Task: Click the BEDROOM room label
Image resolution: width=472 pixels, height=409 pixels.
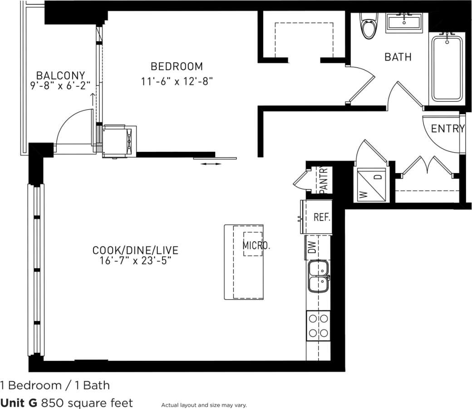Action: [x=177, y=67]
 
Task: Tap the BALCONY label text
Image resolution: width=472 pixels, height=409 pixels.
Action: [x=61, y=75]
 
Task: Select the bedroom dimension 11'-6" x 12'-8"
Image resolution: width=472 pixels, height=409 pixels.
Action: [x=177, y=81]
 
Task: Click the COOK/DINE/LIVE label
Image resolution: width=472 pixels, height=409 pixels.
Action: [x=135, y=250]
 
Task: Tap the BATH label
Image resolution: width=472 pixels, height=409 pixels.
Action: [x=398, y=57]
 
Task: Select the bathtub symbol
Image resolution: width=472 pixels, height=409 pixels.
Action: [x=447, y=68]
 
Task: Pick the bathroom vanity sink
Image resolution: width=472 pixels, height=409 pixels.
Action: [x=404, y=23]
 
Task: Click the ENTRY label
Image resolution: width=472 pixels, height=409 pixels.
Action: [x=447, y=129]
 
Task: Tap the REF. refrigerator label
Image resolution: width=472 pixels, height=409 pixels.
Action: [x=322, y=217]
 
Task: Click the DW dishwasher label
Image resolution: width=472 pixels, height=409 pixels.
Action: [x=311, y=247]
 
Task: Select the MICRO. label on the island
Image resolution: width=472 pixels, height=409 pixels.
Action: [x=256, y=246]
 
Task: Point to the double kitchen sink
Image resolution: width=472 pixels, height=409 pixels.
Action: [x=319, y=276]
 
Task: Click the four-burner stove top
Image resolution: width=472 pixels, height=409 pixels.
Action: [x=319, y=326]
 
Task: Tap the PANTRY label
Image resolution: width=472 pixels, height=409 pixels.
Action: [x=324, y=180]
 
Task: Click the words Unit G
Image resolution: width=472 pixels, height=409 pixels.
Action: [x=19, y=403]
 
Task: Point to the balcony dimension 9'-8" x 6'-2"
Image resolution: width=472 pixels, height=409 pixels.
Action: [x=61, y=85]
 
